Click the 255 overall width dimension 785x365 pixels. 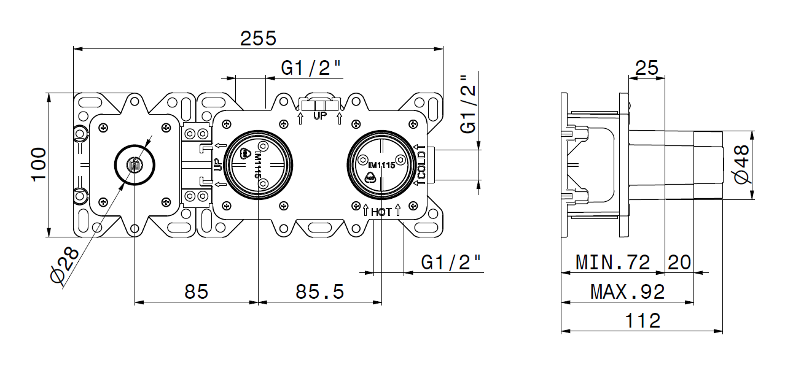click(x=258, y=38)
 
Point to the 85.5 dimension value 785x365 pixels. click(x=319, y=291)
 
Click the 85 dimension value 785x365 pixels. click(x=197, y=291)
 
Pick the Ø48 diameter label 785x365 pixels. click(x=741, y=164)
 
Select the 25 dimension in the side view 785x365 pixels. click(x=647, y=67)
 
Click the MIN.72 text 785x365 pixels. click(x=612, y=263)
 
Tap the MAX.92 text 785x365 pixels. click(x=627, y=291)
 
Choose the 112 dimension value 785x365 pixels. click(x=642, y=320)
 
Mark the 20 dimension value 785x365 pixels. click(x=679, y=263)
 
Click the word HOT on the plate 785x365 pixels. click(x=381, y=212)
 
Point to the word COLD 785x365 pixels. click(x=422, y=165)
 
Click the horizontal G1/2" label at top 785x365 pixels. click(x=311, y=68)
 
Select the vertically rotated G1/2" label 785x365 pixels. click(x=469, y=104)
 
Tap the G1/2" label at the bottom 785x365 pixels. click(x=451, y=263)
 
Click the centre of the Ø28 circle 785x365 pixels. click(x=135, y=164)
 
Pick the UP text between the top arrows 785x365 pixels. click(x=320, y=115)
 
